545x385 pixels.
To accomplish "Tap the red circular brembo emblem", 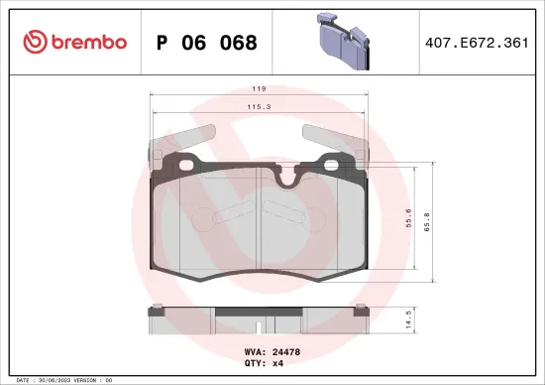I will (x=33, y=42).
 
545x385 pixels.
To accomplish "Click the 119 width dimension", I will (x=258, y=87).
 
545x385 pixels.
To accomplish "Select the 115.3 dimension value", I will (x=258, y=107).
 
